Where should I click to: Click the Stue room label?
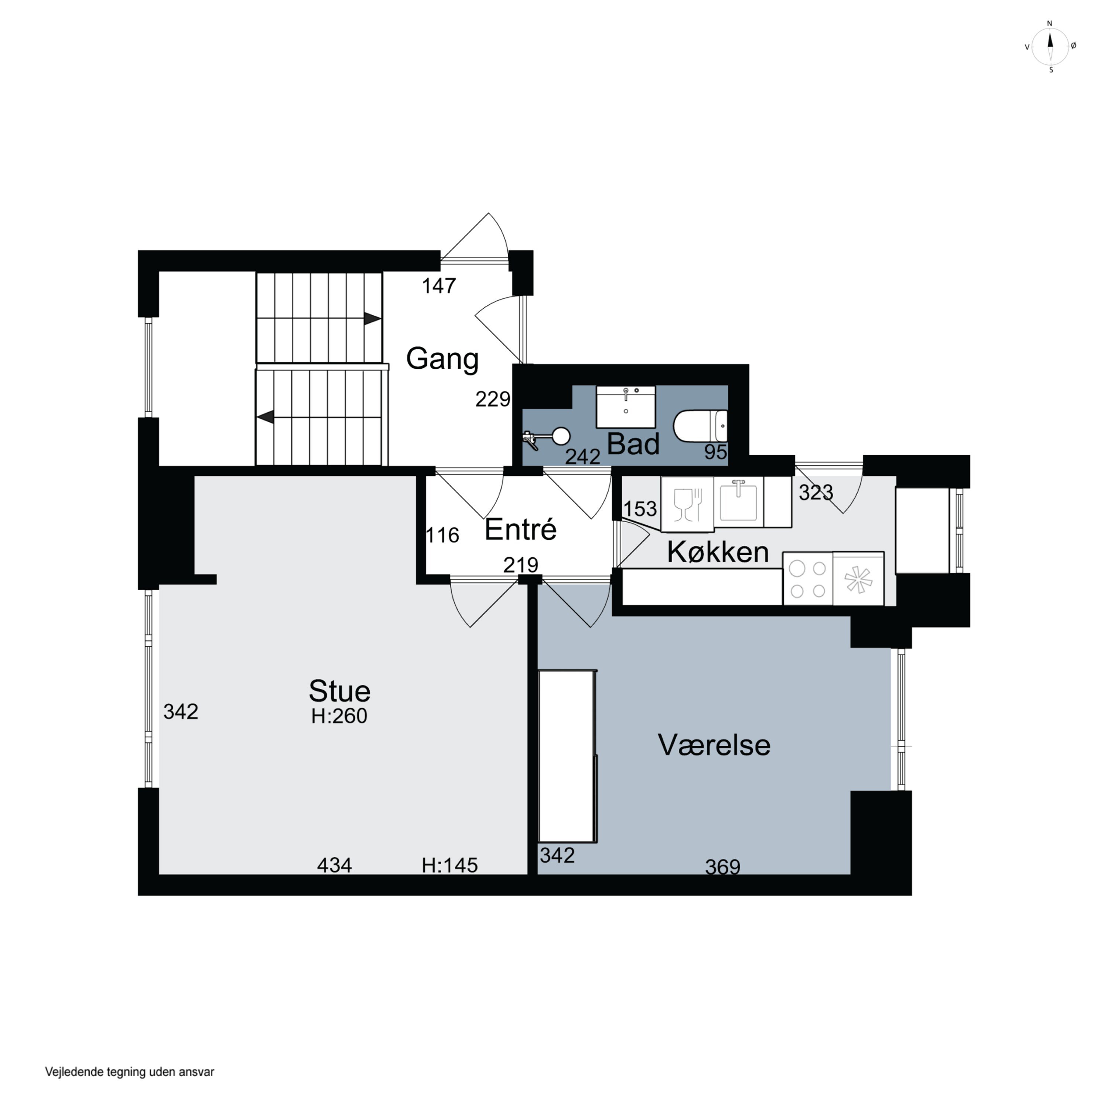click(x=339, y=691)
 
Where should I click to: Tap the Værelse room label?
click(x=714, y=745)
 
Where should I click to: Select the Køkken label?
click(x=718, y=552)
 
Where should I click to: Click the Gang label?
click(x=442, y=359)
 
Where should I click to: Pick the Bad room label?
click(x=633, y=444)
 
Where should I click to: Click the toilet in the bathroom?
click(x=700, y=426)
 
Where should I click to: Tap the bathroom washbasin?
click(x=626, y=407)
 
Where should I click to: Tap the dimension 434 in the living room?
click(x=334, y=865)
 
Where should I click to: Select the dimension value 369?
click(x=723, y=866)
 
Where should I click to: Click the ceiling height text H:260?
click(x=339, y=716)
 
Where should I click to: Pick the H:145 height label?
click(x=449, y=865)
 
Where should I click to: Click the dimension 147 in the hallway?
click(x=439, y=285)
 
